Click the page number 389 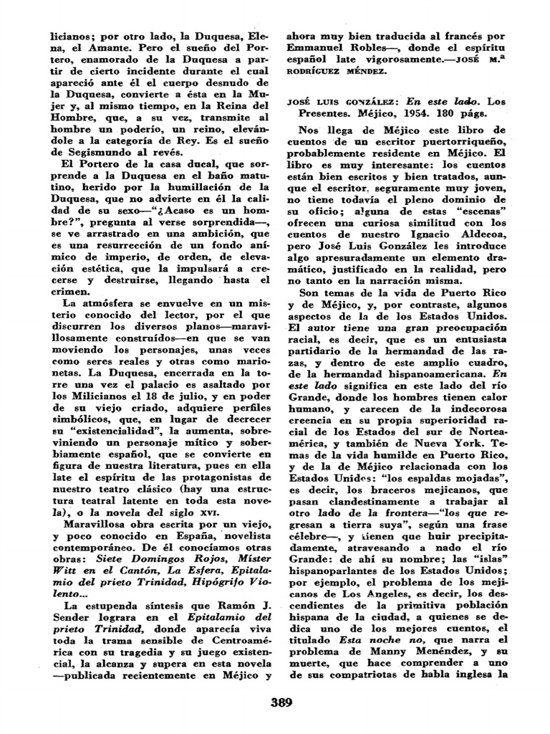point(279,702)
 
